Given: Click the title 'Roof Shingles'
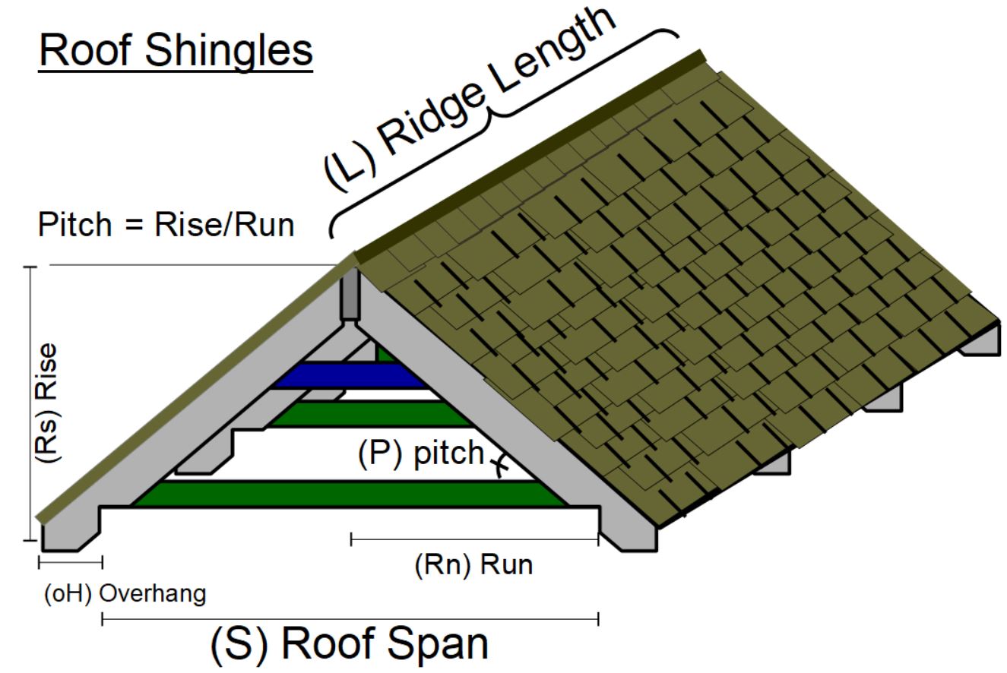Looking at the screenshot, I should pos(176,50).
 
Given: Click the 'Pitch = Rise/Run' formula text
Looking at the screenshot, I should pos(166,225).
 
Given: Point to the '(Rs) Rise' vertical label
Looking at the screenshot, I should pos(47,403).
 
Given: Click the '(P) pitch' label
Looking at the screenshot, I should pos(420,453).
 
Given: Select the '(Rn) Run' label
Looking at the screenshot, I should pos(473,565).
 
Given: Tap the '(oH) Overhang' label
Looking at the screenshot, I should pos(124,593).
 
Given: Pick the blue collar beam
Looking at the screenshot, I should pos(350,374).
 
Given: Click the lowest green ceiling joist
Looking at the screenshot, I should pos(350,494).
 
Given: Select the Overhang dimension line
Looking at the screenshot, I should pos(70,563).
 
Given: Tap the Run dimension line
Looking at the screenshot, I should pos(474,540).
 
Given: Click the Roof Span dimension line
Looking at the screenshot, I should pos(350,620).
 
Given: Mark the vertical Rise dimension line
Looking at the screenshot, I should pos(31,403).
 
